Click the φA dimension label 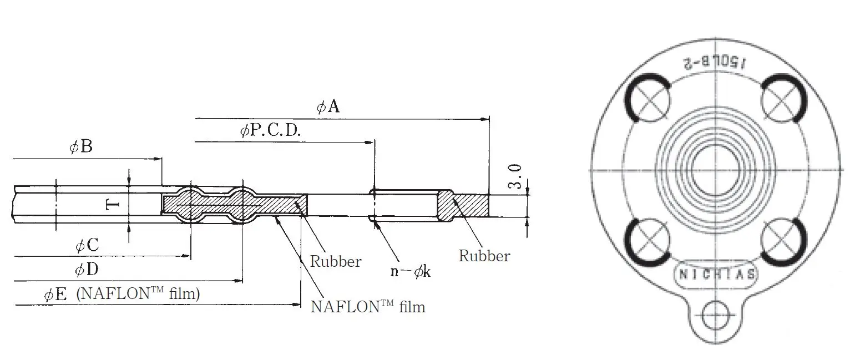[x=328, y=107]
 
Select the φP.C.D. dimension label [x=270, y=131]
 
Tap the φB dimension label [x=80, y=147]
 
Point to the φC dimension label [x=87, y=246]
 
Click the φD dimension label [x=87, y=270]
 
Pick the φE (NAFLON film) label [x=122, y=294]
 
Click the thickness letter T [x=112, y=205]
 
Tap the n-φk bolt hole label [x=411, y=272]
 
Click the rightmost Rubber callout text [x=484, y=256]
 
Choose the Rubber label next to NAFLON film [x=335, y=261]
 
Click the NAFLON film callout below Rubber [x=368, y=307]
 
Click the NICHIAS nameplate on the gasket [x=715, y=275]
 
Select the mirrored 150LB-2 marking [x=716, y=62]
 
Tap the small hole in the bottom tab [x=714, y=317]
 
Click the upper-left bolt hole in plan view [x=650, y=101]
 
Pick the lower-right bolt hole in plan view [x=780, y=240]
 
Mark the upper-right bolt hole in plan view [x=780, y=101]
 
